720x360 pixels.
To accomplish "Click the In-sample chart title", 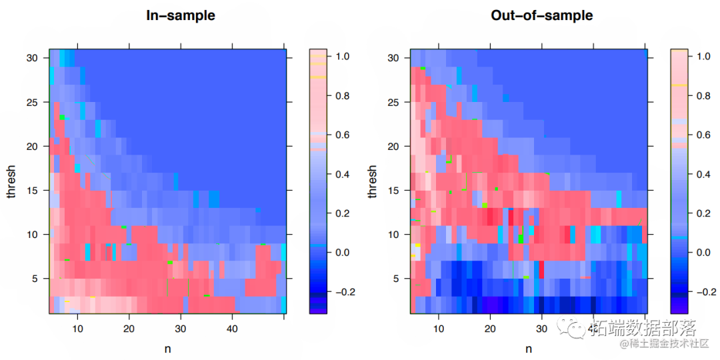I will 181,15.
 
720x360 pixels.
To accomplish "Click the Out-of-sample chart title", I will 541,15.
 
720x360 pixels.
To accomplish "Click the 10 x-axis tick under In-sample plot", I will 77,329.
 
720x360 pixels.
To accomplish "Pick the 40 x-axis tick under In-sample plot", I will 232,329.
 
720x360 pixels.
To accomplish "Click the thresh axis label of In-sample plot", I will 11,181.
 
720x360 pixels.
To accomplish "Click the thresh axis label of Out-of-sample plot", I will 372,181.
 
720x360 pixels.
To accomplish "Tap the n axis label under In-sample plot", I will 167,348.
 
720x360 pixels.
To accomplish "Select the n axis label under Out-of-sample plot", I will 529,348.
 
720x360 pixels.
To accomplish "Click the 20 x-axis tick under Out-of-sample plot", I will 490,329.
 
